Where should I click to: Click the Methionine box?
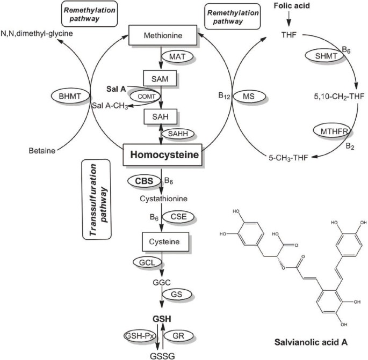coord(163,35)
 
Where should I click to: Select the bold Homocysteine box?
coord(163,155)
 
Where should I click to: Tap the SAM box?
coord(160,78)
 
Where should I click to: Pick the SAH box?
coord(160,116)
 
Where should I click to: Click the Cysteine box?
coord(165,241)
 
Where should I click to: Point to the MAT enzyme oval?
coord(177,56)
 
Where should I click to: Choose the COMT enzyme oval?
coord(145,97)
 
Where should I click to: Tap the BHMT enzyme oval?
coord(70,96)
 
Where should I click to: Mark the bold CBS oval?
coord(145,181)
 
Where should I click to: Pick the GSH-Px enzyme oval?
coord(140,336)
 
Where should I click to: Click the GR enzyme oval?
coord(178,336)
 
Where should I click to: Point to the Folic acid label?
coord(292,5)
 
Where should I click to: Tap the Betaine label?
coord(42,150)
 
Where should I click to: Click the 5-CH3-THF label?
coord(288,158)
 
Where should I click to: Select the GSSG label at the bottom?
coord(162,356)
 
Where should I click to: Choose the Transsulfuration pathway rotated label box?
coord(97,200)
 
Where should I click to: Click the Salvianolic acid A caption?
coord(311,342)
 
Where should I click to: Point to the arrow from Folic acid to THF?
coord(289,19)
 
